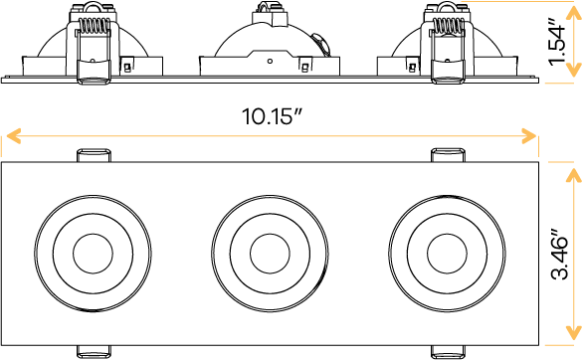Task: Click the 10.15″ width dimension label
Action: point(271,115)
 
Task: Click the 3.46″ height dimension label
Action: point(562,258)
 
